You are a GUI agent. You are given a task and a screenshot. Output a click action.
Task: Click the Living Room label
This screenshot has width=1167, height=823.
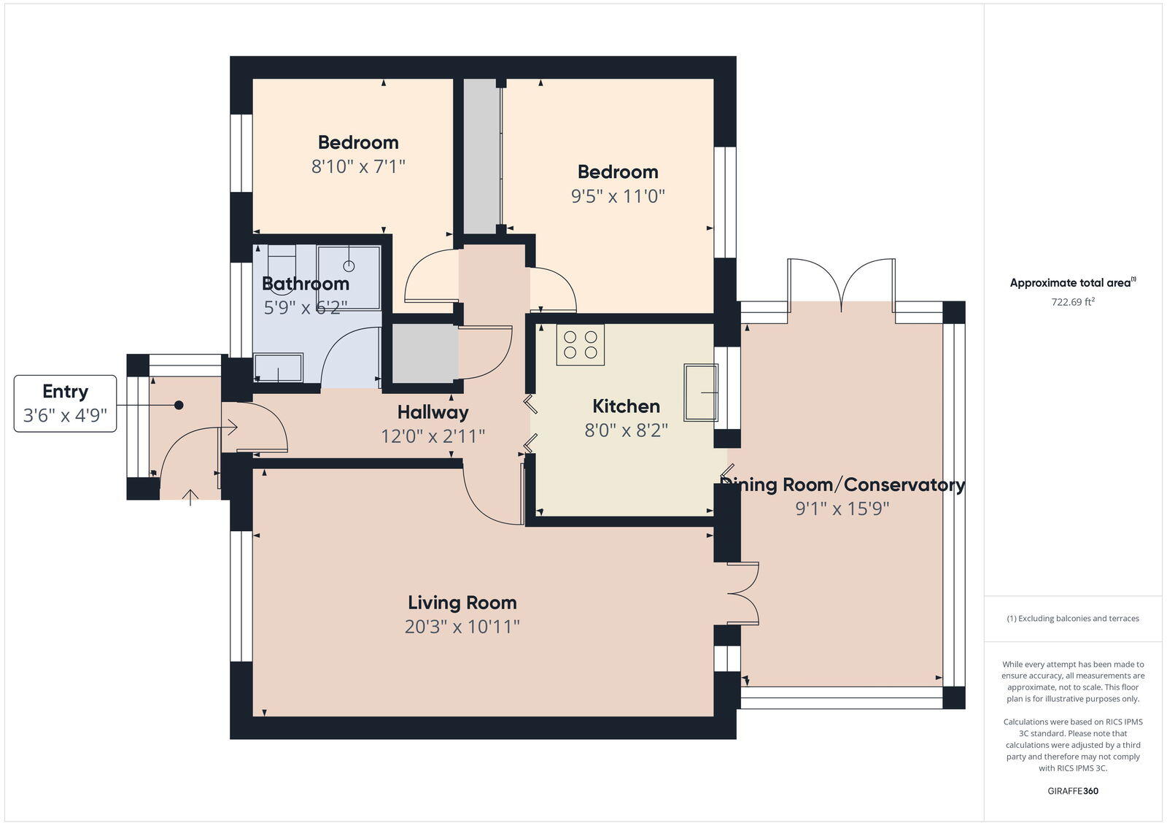pyautogui.click(x=462, y=603)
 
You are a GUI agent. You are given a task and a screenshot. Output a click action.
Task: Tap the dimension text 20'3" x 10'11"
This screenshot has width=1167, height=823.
pyautogui.click(x=462, y=627)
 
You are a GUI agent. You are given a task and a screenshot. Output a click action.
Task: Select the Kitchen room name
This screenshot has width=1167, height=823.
pyautogui.click(x=626, y=406)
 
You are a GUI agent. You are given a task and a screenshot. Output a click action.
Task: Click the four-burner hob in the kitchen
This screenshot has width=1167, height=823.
pyautogui.click(x=580, y=345)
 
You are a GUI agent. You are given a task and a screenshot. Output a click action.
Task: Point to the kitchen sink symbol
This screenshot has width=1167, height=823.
pyautogui.click(x=700, y=393)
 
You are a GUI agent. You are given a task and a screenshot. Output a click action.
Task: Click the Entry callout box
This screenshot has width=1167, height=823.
pyautogui.click(x=65, y=403)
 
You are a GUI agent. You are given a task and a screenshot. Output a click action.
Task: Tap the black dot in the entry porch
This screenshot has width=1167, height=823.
pyautogui.click(x=179, y=405)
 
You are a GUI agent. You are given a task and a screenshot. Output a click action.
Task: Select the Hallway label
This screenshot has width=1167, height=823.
pyautogui.click(x=433, y=412)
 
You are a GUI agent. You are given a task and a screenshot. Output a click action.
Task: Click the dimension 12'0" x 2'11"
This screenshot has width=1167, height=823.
pyautogui.click(x=433, y=436)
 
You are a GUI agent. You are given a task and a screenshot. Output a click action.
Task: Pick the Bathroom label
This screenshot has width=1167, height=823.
pyautogui.click(x=305, y=284)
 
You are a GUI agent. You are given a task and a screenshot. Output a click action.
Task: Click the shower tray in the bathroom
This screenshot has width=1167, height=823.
pyautogui.click(x=349, y=277)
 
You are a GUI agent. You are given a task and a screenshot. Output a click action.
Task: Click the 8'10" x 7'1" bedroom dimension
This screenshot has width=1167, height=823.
pyautogui.click(x=358, y=166)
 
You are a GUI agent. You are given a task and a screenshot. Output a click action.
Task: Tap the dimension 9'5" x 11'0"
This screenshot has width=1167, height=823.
pyautogui.click(x=618, y=196)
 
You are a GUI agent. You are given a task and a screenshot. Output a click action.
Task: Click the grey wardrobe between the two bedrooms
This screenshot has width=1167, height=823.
pyautogui.click(x=481, y=157)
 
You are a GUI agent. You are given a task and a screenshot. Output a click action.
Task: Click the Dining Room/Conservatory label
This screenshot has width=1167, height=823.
pyautogui.click(x=842, y=485)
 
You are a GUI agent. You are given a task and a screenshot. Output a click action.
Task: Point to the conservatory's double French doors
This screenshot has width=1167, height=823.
pyautogui.click(x=842, y=282)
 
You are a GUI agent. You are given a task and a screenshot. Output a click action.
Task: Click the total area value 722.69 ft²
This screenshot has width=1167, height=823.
pyautogui.click(x=1072, y=302)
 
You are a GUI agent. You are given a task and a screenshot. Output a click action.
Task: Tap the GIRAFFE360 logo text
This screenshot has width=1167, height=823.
pyautogui.click(x=1072, y=791)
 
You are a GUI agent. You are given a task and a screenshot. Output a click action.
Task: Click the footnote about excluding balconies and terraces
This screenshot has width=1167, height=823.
pyautogui.click(x=1072, y=619)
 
